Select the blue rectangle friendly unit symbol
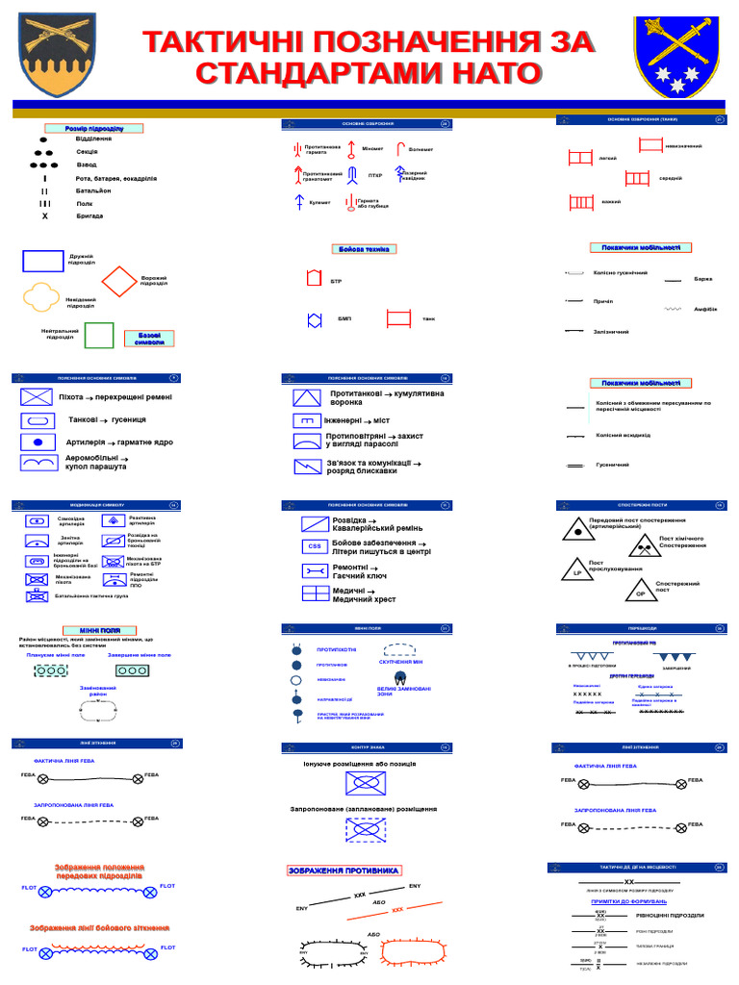43,262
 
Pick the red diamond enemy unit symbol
119,282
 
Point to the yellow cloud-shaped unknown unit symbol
42,300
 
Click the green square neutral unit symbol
99,335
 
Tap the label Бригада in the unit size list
89,216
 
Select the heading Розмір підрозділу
94,128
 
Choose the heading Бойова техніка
364,249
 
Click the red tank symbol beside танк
398,318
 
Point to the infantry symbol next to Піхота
36,396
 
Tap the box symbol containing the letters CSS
315,546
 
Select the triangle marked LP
577,569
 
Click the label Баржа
702,279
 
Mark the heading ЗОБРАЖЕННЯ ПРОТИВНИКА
344,871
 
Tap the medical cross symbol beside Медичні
316,594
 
